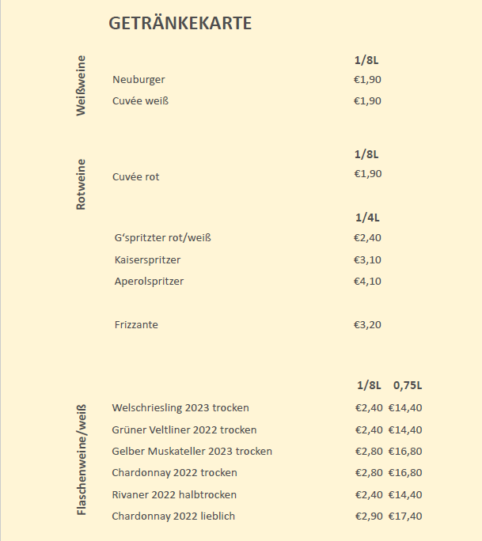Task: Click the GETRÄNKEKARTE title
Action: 180,24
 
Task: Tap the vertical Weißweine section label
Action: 81,86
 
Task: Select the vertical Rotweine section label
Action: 81,184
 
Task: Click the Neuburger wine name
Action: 139,79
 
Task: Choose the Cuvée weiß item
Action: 141,100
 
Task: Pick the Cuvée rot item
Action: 136,176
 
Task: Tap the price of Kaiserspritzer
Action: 367,259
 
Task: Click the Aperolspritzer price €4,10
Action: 367,281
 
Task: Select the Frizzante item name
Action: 136,324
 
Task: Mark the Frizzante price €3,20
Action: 367,324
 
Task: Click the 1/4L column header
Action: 367,218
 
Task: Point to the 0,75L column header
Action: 408,385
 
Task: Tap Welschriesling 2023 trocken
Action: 180,408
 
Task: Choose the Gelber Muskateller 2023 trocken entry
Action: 192,451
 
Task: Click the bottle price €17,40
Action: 405,516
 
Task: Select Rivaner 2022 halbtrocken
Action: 174,494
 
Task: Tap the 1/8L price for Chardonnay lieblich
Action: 369,516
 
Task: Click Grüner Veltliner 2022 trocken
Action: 184,429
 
